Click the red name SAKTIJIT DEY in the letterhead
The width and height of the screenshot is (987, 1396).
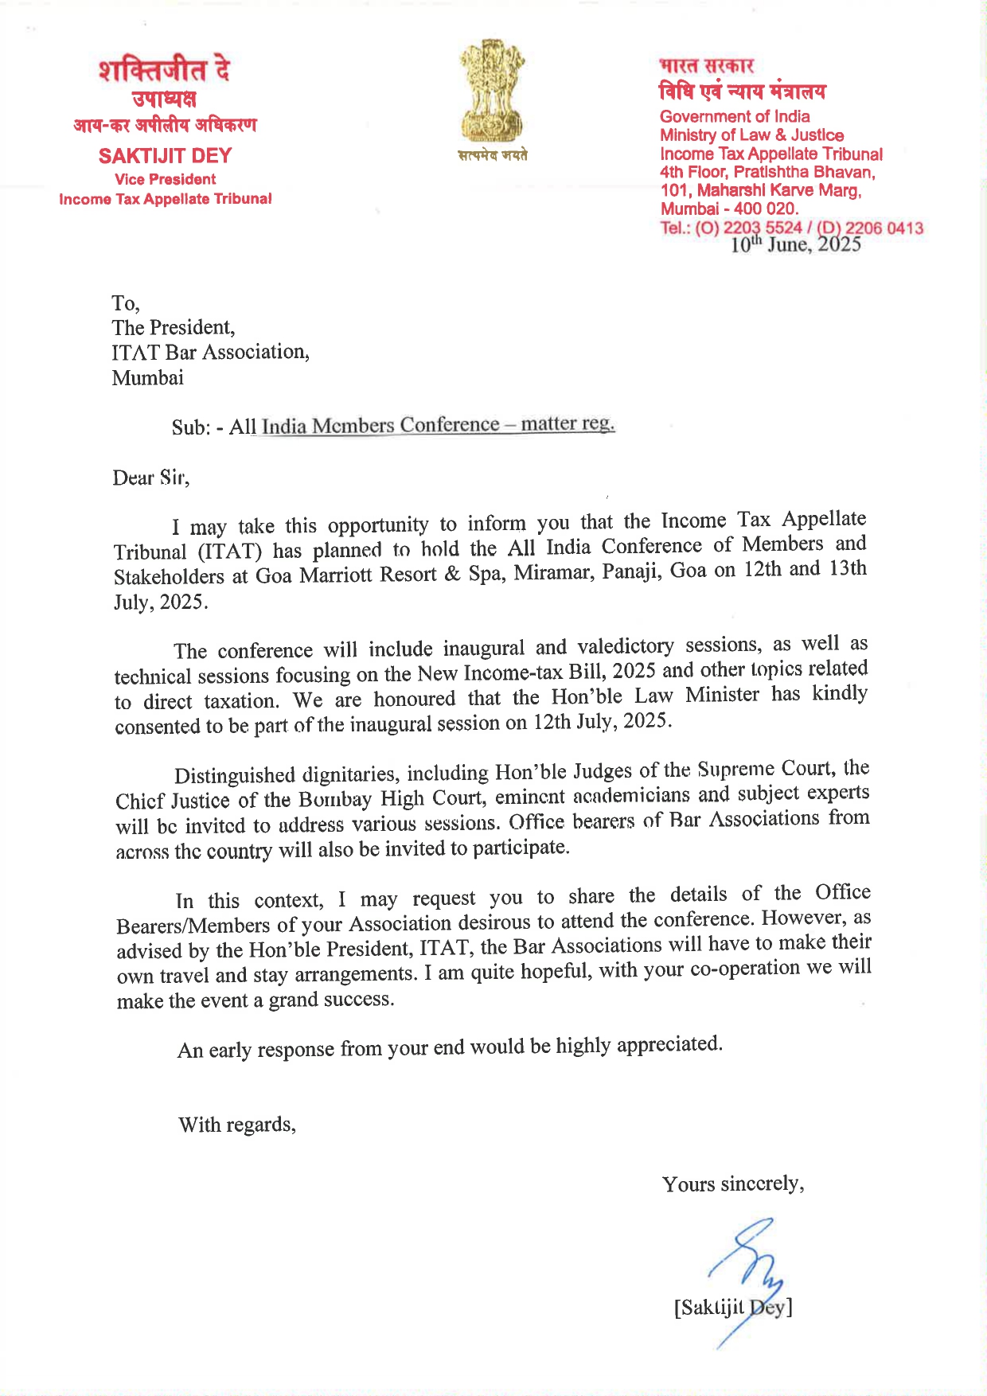tap(165, 156)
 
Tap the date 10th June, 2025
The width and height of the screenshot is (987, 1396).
tap(795, 244)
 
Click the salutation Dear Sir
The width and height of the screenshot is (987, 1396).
tap(150, 478)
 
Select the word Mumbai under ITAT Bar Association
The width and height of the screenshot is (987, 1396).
tap(147, 377)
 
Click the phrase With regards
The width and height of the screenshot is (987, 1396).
tap(236, 1125)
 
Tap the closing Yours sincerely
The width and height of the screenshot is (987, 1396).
tap(732, 1183)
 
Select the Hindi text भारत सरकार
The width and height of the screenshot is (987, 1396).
tap(706, 65)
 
